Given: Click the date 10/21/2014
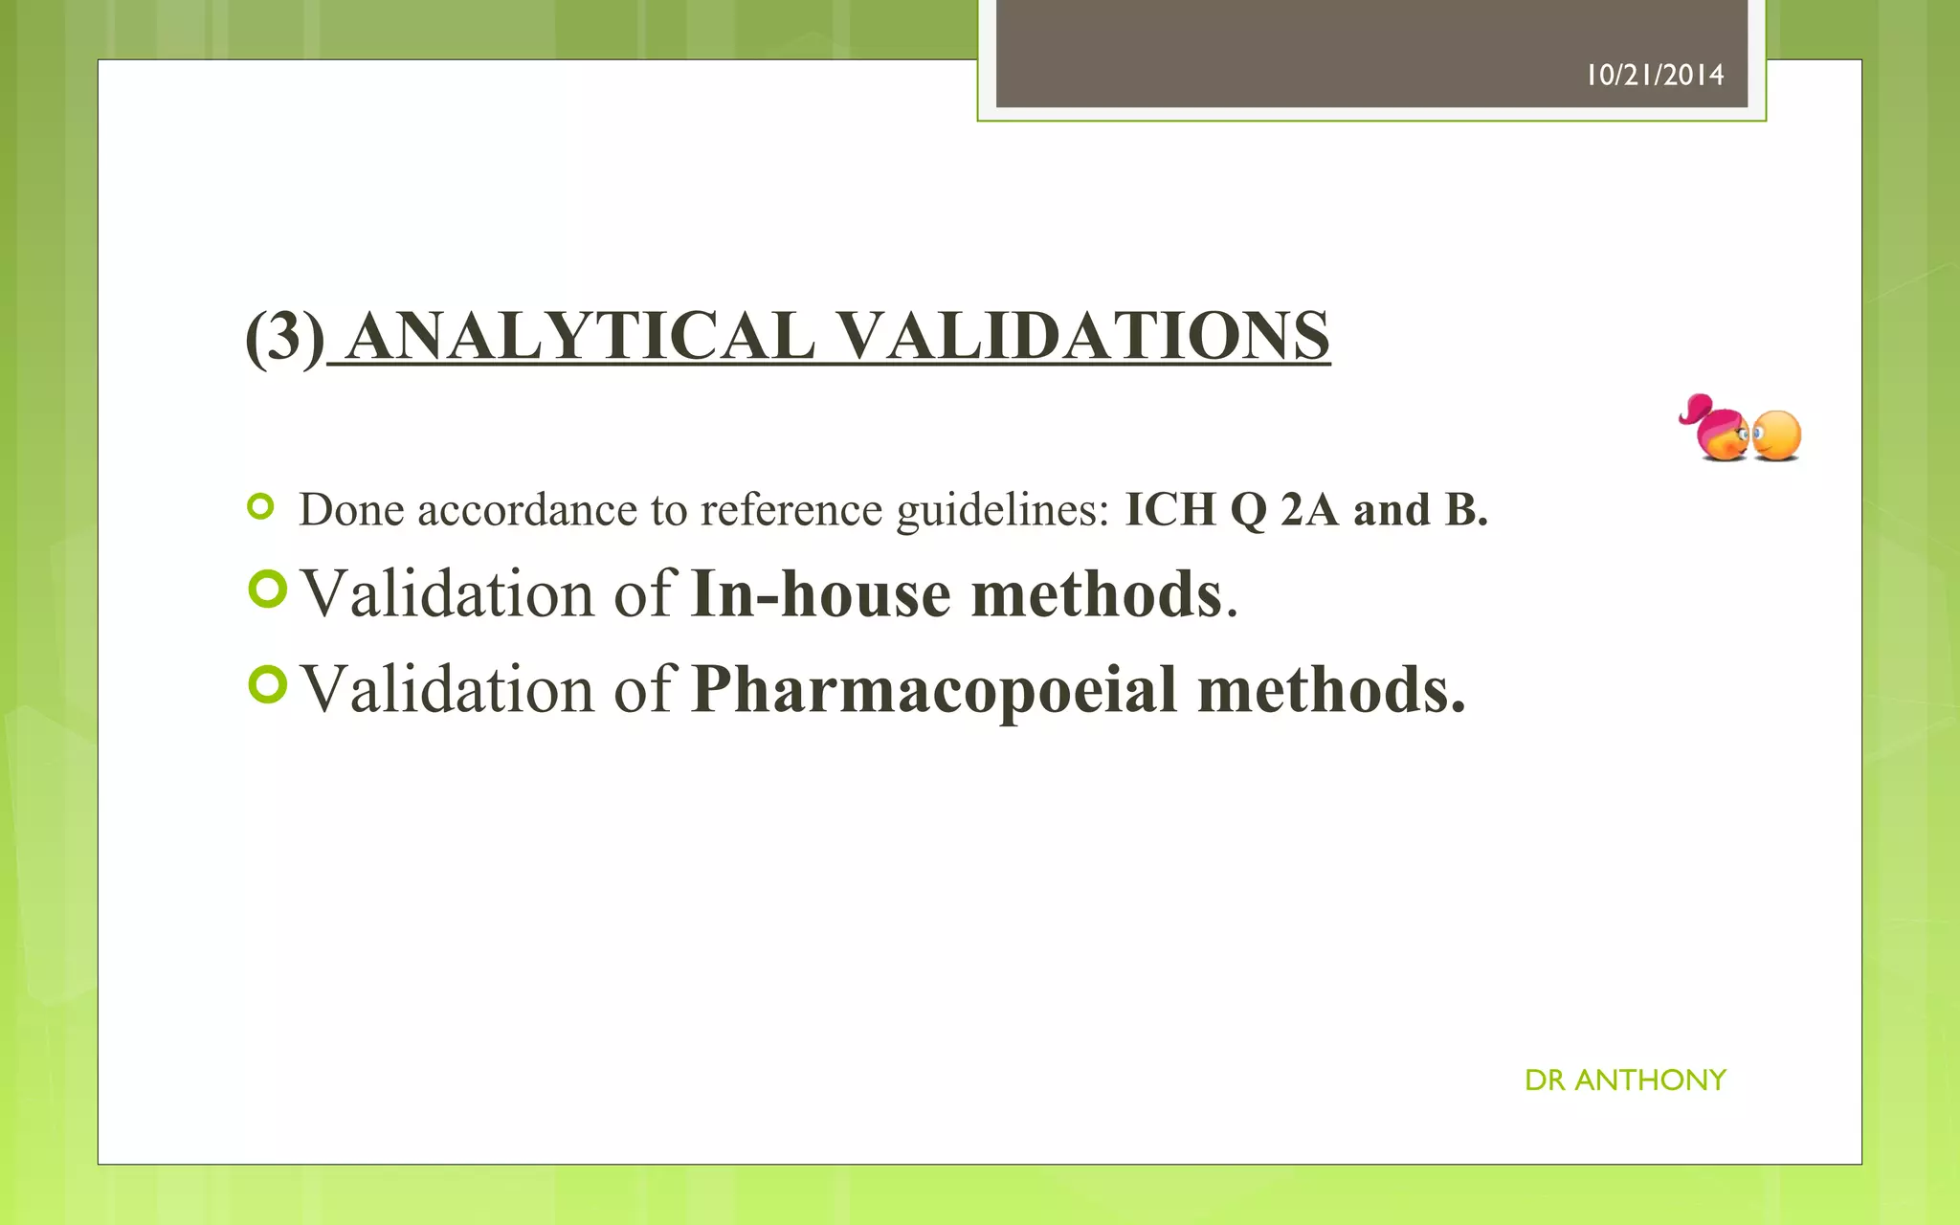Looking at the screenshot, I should [1655, 75].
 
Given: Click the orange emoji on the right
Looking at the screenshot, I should [1778, 435].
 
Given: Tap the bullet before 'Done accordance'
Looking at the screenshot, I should [260, 506].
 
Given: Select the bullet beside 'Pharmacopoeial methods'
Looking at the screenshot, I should [267, 684].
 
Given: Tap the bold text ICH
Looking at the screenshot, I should [1169, 509].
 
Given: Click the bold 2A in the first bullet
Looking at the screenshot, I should [1308, 509].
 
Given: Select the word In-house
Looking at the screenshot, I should [820, 594].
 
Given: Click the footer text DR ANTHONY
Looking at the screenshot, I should [1625, 1080].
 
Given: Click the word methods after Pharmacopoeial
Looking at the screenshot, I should [1330, 689].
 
